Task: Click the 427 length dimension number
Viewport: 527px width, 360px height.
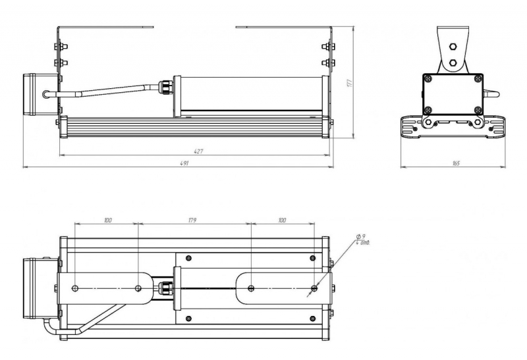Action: (198, 151)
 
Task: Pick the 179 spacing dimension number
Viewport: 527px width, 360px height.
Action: (192, 219)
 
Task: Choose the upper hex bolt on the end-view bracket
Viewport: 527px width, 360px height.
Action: (453, 47)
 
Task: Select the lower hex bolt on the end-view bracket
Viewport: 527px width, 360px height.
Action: (453, 64)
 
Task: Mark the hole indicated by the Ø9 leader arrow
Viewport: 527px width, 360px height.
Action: (314, 288)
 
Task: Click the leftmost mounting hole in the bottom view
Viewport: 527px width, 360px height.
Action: (75, 288)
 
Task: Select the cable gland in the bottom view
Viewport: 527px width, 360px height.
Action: (164, 288)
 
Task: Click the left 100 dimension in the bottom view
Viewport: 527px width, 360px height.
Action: (107, 219)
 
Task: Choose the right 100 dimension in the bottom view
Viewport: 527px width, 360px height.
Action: (282, 219)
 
